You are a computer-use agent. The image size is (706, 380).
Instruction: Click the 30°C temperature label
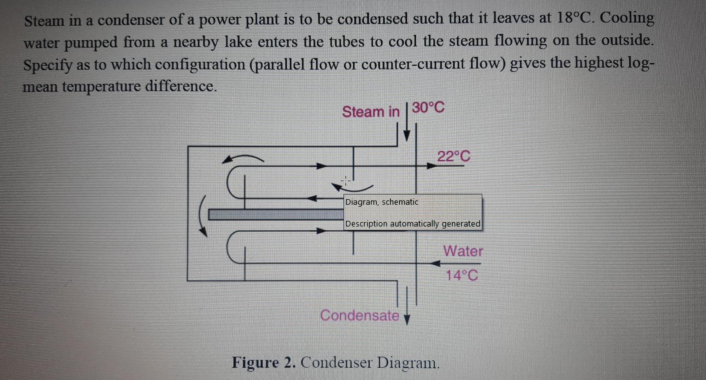click(428, 107)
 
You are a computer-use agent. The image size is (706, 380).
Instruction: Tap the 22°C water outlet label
click(454, 156)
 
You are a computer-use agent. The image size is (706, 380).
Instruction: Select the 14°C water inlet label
click(461, 275)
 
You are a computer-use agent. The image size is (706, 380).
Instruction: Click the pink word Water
click(463, 251)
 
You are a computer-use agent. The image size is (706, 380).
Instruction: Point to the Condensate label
click(359, 315)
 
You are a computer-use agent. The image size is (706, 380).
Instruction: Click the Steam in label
click(371, 112)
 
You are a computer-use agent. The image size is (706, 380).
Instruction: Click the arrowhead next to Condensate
click(407, 319)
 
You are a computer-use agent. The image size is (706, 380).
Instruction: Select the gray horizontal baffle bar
click(276, 214)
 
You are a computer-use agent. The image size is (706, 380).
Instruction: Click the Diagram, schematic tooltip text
click(381, 202)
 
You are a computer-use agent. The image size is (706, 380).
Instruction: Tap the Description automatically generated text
click(412, 224)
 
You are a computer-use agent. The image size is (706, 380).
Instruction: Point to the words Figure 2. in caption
click(263, 363)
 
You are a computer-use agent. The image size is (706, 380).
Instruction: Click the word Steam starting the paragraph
click(44, 21)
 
